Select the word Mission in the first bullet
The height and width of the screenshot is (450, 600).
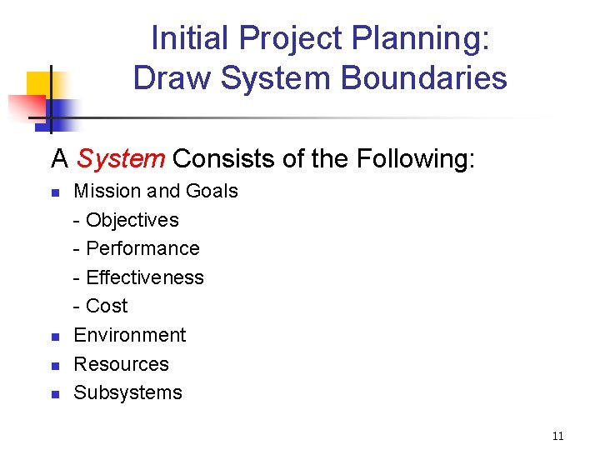pyautogui.click(x=107, y=191)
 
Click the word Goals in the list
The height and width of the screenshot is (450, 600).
pyautogui.click(x=212, y=191)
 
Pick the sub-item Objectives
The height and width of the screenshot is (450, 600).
pyautogui.click(x=132, y=220)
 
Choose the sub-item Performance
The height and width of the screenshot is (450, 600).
pyautogui.click(x=142, y=248)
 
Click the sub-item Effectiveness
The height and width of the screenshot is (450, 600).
pyautogui.click(x=144, y=277)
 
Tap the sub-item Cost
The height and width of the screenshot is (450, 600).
pyautogui.click(x=107, y=306)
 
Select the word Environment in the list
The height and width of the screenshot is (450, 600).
pyautogui.click(x=130, y=335)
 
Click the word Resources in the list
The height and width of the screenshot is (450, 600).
pyautogui.click(x=122, y=364)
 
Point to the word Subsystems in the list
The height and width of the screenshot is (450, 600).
pyautogui.click(x=127, y=392)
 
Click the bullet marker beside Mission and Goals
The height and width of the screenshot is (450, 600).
pyautogui.click(x=55, y=192)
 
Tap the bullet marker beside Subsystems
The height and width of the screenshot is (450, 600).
pyautogui.click(x=55, y=394)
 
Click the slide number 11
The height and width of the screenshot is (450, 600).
pyautogui.click(x=558, y=436)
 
